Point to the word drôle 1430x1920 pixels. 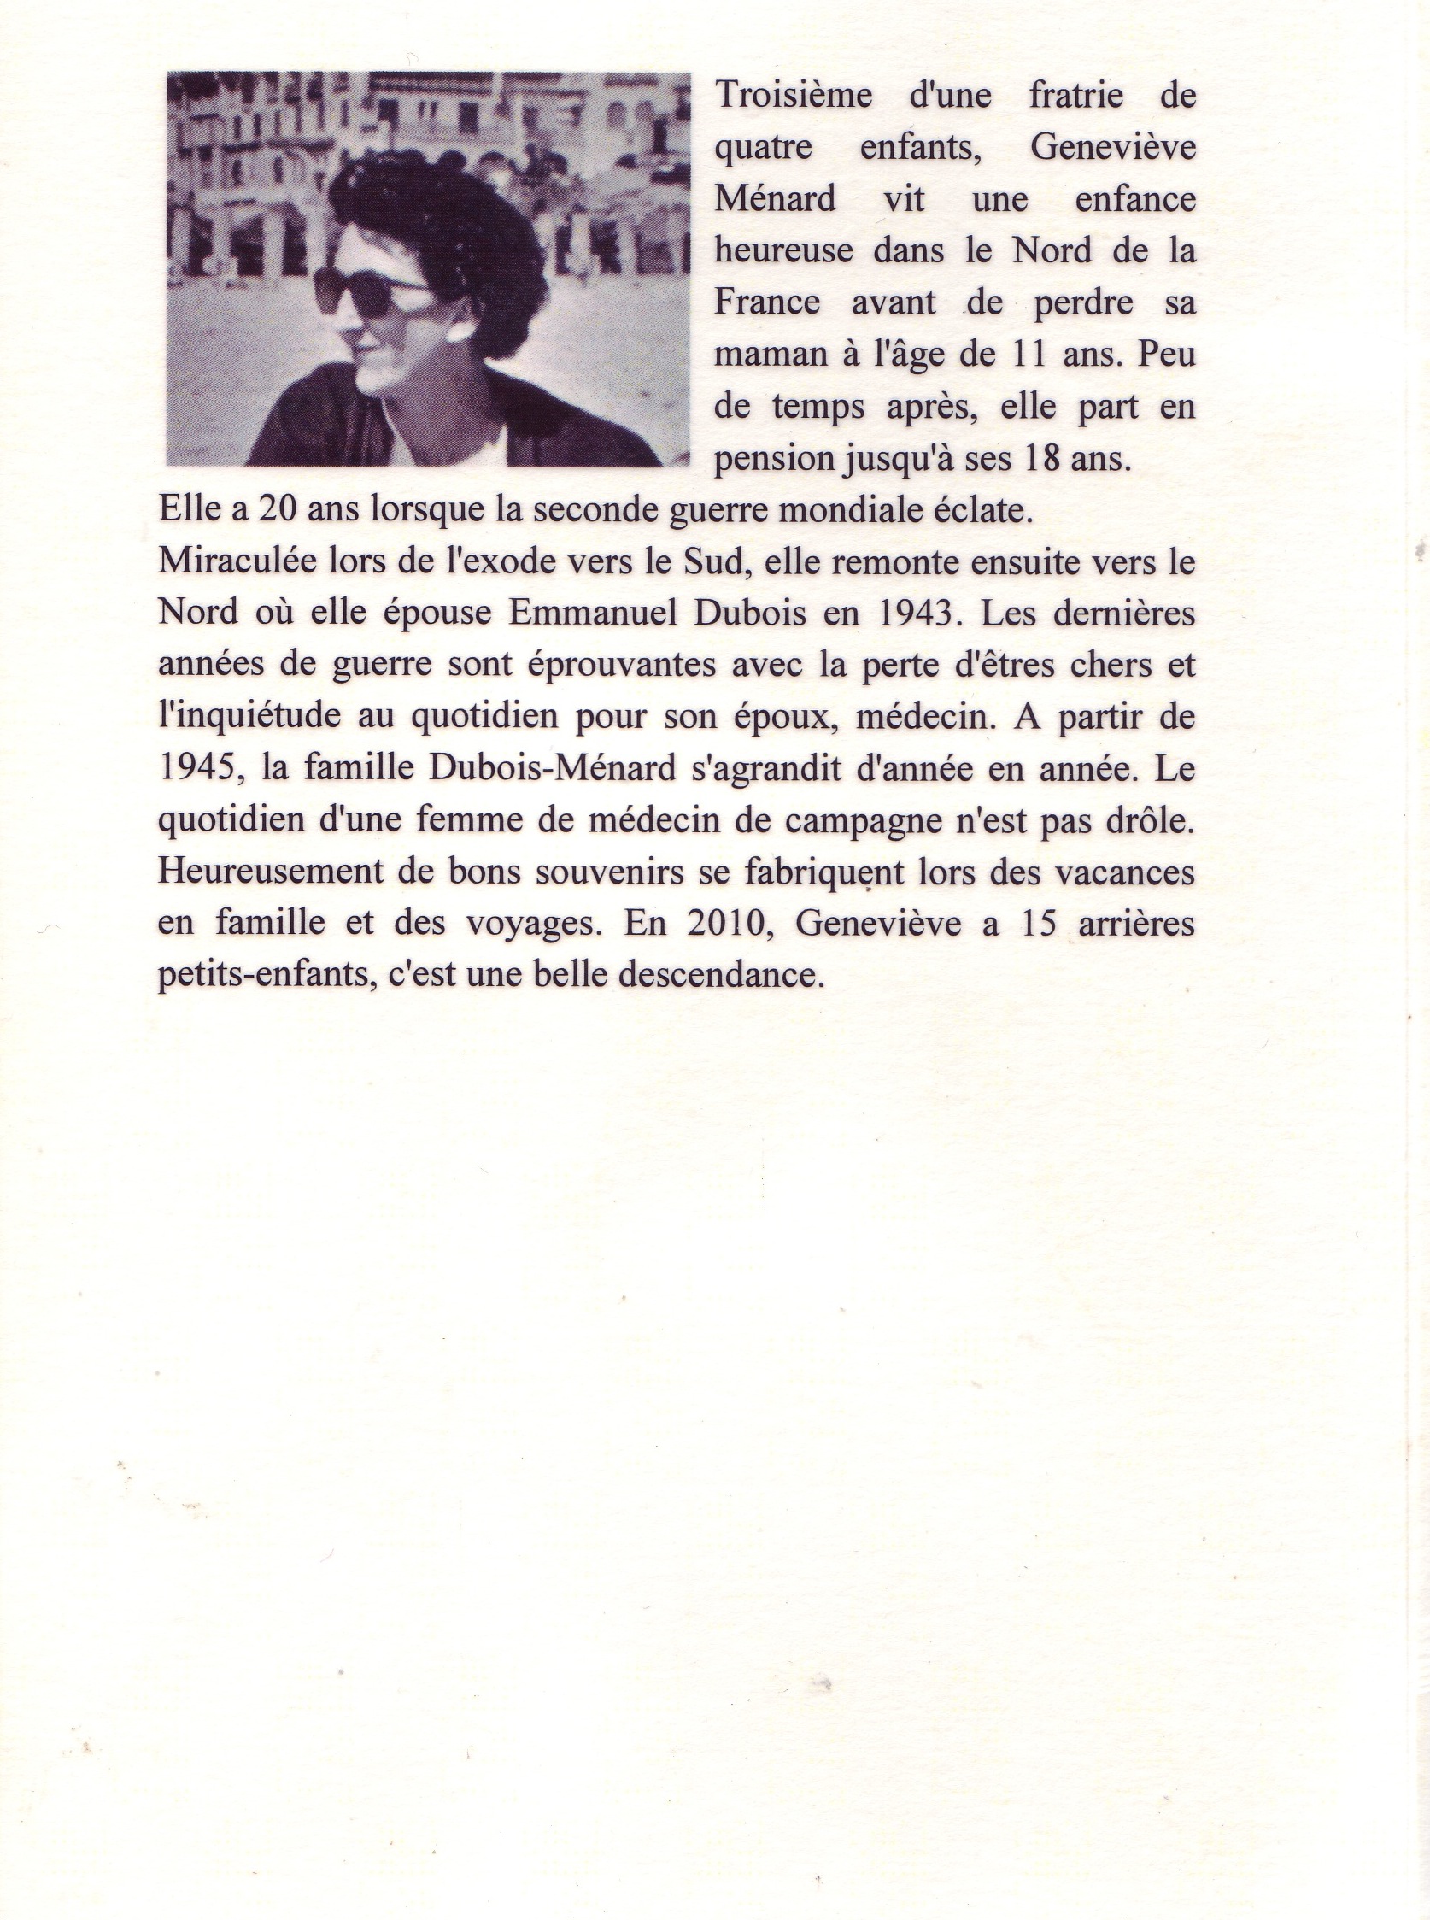(x=1148, y=820)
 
